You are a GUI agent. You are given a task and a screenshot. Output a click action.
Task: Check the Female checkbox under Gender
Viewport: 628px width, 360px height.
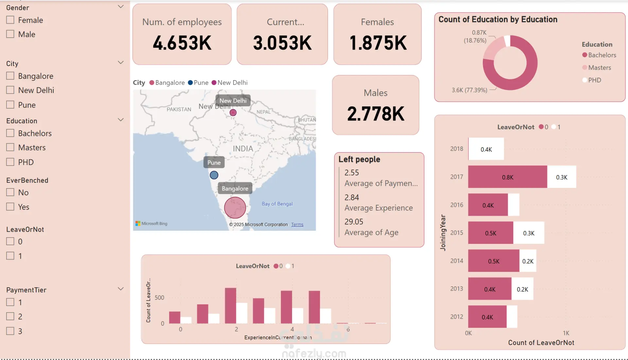tap(10, 20)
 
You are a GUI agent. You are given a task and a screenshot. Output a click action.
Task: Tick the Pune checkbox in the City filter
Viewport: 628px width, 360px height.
tap(10, 105)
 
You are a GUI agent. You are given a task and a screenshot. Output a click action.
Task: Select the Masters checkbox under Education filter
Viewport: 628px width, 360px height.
tap(10, 148)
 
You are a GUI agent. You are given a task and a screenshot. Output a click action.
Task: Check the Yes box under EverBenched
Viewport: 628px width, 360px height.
tap(10, 207)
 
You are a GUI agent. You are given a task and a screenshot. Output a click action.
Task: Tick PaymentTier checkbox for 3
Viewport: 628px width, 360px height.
tap(10, 331)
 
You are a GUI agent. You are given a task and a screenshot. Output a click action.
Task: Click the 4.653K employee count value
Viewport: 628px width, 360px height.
tap(182, 43)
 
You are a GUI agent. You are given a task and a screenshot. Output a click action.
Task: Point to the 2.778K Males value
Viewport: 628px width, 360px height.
tap(375, 114)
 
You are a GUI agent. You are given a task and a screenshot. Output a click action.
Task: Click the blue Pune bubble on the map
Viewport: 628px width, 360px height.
tap(214, 175)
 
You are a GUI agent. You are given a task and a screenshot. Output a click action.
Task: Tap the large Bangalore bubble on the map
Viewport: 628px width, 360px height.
tap(235, 207)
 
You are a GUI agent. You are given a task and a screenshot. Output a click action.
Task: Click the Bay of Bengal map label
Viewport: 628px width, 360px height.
tap(277, 204)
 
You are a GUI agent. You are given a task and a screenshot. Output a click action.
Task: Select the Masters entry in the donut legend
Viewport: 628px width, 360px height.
tap(599, 68)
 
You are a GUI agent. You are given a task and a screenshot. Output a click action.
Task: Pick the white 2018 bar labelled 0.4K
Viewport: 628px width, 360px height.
tap(486, 149)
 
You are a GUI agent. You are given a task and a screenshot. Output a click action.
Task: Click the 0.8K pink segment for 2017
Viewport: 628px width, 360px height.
tap(507, 177)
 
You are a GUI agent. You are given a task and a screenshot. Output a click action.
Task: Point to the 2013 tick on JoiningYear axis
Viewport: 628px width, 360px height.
tap(457, 289)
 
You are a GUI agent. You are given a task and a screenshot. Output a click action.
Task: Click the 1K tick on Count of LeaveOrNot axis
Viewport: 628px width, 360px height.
tap(566, 333)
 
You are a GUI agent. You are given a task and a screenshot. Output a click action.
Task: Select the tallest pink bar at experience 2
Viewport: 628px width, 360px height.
tap(231, 306)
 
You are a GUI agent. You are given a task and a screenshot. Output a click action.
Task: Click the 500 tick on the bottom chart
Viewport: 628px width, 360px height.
tap(159, 297)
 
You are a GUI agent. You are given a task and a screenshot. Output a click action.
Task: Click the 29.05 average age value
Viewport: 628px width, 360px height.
tap(354, 222)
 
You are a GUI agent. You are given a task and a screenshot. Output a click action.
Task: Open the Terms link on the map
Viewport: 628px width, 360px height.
tap(297, 225)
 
